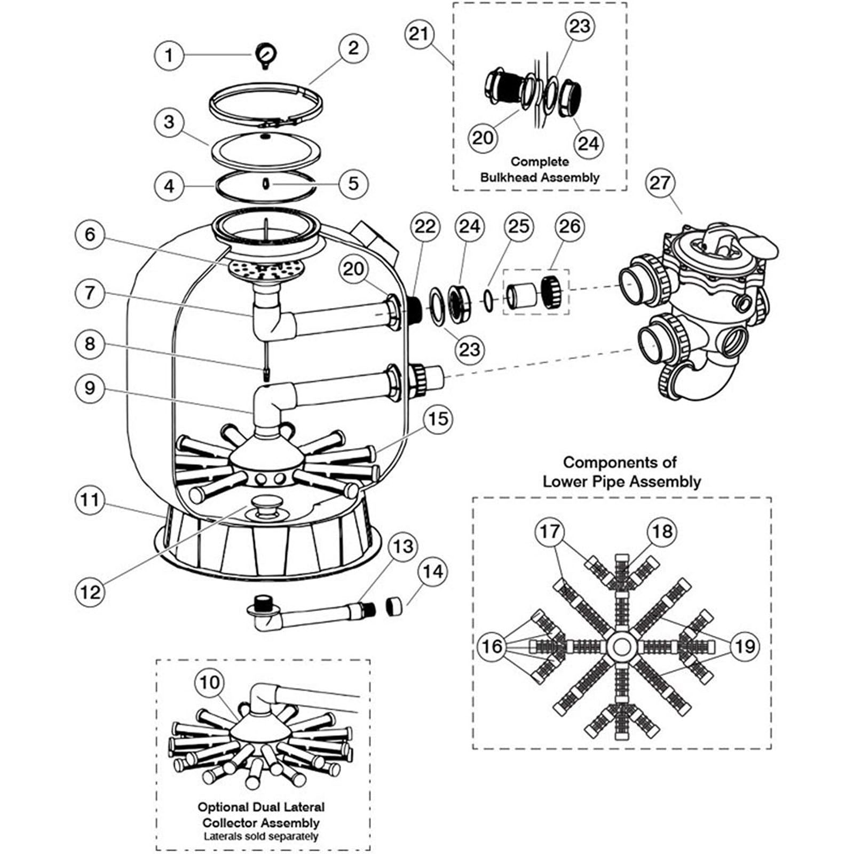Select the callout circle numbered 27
[660, 183]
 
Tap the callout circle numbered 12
[90, 591]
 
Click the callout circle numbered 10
[210, 682]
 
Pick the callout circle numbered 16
[492, 646]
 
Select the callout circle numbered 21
[419, 34]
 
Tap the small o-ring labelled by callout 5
[265, 184]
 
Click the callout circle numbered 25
[519, 226]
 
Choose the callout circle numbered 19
[745, 646]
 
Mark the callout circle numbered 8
[90, 344]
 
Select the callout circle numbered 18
[662, 532]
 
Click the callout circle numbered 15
[438, 419]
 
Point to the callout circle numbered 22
[425, 226]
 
